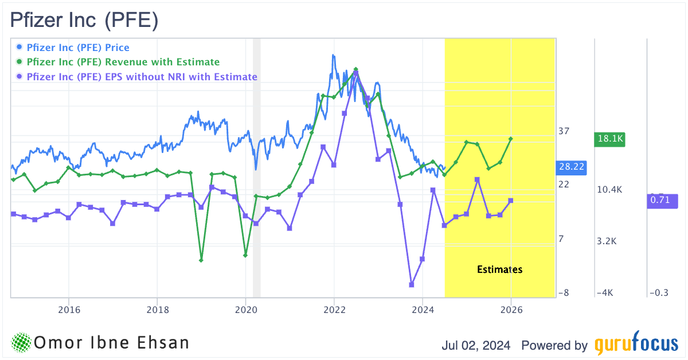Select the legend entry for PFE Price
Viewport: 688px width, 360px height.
click(x=78, y=48)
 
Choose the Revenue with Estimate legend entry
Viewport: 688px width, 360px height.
click(x=123, y=62)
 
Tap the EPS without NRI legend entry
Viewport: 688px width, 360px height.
click(x=142, y=77)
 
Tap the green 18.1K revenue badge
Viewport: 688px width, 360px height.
click(x=609, y=139)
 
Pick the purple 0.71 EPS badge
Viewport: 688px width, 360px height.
click(x=662, y=201)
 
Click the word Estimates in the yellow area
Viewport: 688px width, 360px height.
click(x=499, y=269)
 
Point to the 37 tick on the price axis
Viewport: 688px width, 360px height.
click(x=564, y=131)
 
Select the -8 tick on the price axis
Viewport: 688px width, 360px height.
click(x=564, y=292)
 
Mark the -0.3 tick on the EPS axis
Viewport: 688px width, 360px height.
click(x=659, y=292)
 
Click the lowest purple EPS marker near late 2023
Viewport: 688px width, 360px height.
click(x=412, y=284)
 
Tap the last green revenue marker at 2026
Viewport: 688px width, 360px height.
click(x=511, y=139)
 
